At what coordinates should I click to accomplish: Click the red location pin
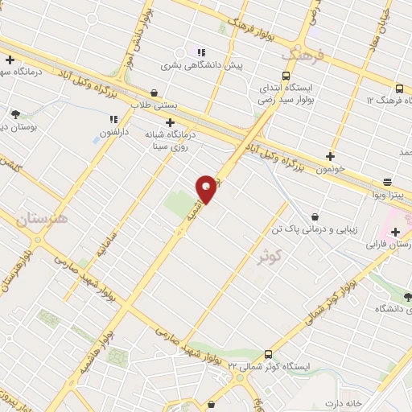[x=207, y=187]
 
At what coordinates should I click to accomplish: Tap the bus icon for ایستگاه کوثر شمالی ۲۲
[x=268, y=353]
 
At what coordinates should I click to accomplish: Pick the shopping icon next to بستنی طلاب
[x=154, y=93]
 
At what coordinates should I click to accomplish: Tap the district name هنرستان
[x=42, y=216]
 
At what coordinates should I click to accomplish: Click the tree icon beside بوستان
[x=14, y=114]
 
